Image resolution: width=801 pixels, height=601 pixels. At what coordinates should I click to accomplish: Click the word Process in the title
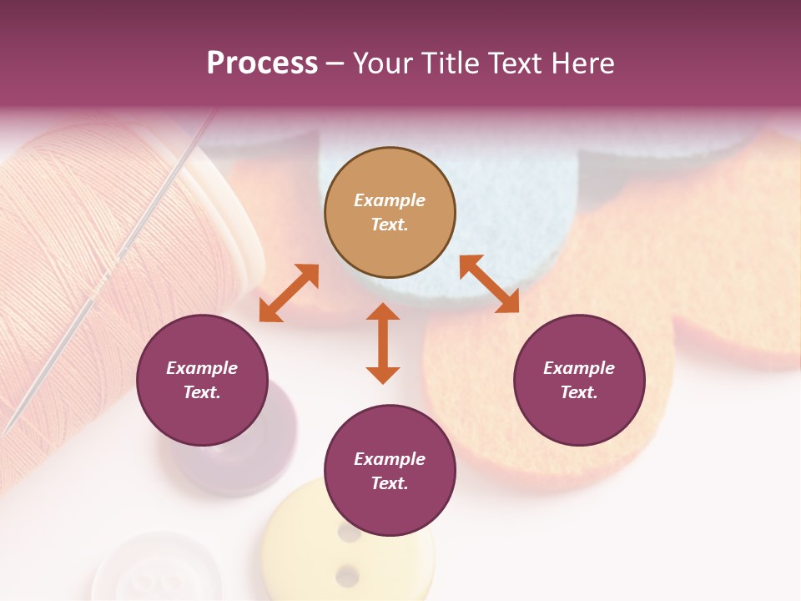point(262,63)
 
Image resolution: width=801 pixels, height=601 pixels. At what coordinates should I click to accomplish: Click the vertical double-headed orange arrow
point(383,343)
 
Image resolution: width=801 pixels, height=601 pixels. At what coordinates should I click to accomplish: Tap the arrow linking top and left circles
point(289,293)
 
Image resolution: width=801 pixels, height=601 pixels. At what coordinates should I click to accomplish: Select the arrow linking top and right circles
point(489,284)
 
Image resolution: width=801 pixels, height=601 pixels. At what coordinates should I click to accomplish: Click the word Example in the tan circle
point(390,200)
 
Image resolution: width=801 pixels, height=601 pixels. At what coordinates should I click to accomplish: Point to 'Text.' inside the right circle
point(579,392)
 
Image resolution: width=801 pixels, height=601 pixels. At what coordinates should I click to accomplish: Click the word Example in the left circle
point(202,368)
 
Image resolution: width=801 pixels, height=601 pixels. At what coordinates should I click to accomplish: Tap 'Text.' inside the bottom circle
point(390,483)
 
